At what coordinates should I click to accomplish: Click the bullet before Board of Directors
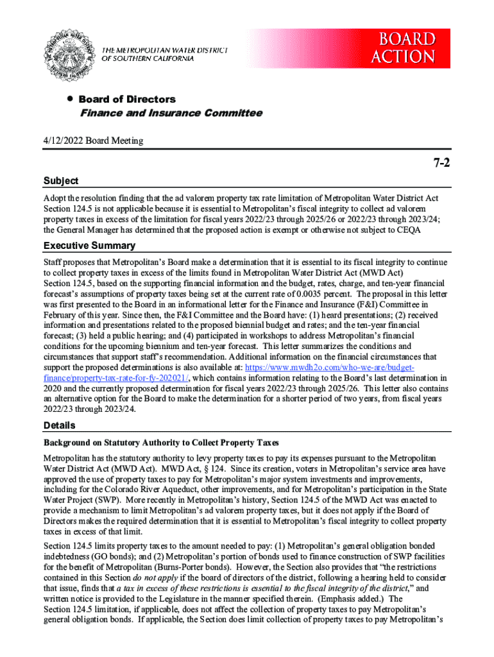pyautogui.click(x=67, y=99)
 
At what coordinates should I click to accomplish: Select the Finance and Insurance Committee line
pyautogui.click(x=171, y=113)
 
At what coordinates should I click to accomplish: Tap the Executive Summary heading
pyautogui.click(x=89, y=246)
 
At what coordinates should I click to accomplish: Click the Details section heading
pyautogui.click(x=59, y=425)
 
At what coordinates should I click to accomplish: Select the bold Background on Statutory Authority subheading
pyautogui.click(x=161, y=443)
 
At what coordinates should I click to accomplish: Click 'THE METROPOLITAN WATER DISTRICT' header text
pyautogui.click(x=165, y=51)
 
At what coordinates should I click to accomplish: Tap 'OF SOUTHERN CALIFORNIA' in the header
pyautogui.click(x=148, y=59)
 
